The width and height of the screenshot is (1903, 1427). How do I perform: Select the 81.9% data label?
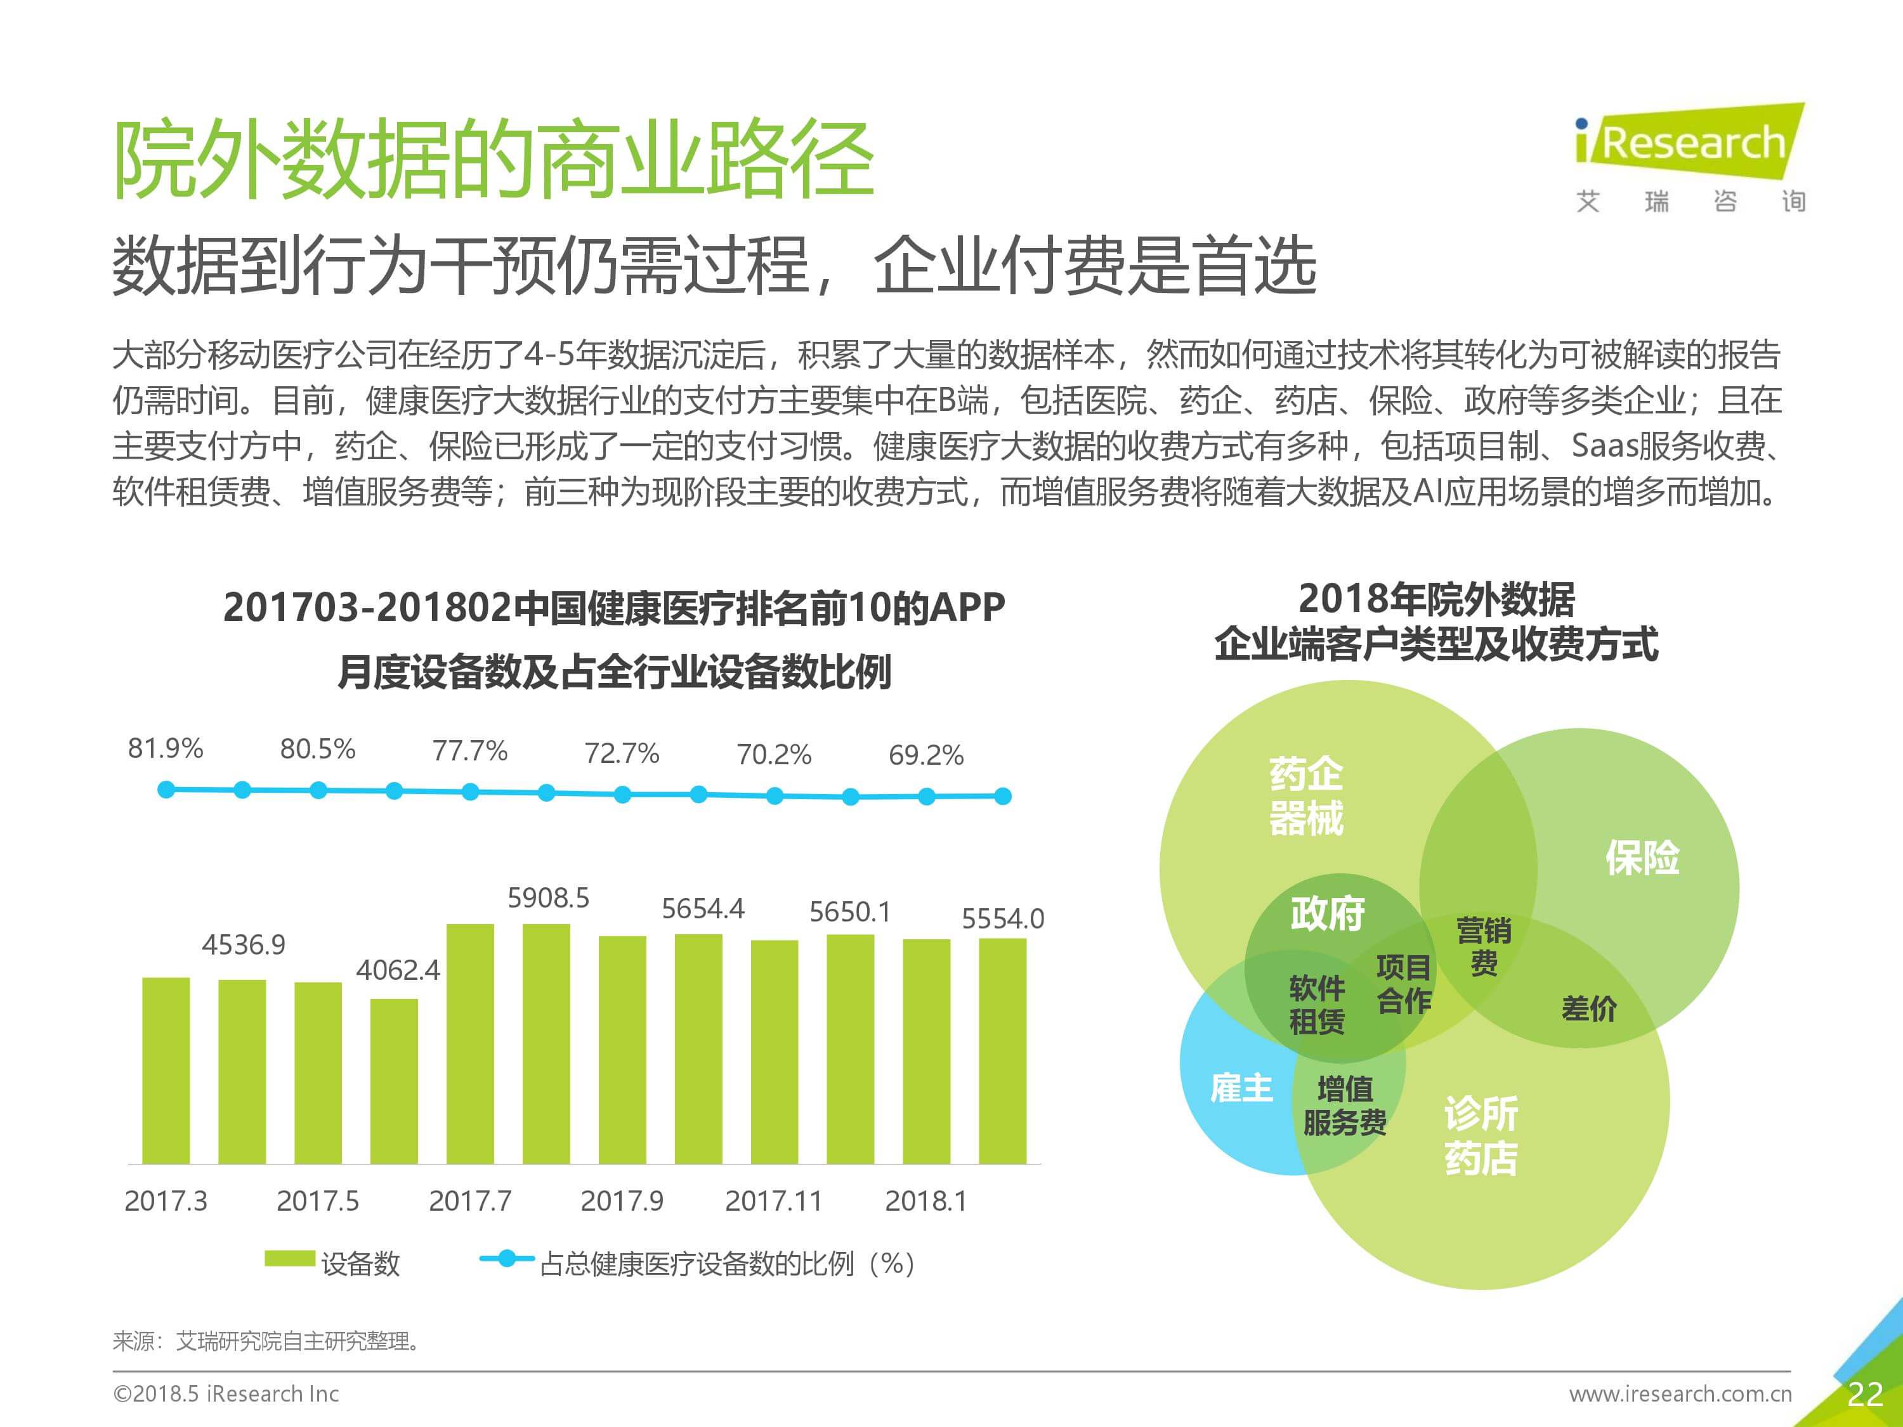pyautogui.click(x=165, y=748)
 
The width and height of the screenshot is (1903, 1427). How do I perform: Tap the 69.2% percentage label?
pyautogui.click(x=925, y=755)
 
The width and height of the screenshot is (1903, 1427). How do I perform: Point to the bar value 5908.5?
pyautogui.click(x=548, y=898)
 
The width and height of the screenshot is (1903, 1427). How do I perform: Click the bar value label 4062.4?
pyautogui.click(x=398, y=970)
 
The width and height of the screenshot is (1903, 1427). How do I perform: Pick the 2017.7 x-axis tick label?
pyautogui.click(x=470, y=1201)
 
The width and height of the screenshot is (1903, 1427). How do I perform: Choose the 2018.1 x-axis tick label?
pyautogui.click(x=925, y=1201)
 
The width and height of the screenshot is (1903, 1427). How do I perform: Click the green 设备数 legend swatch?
pyautogui.click(x=289, y=1258)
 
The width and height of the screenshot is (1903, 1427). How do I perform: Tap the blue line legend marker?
pyautogui.click(x=507, y=1258)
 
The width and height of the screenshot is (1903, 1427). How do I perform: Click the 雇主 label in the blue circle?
pyautogui.click(x=1241, y=1088)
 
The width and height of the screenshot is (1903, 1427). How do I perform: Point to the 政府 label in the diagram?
pyautogui.click(x=1328, y=913)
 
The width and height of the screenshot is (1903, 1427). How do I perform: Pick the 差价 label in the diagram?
pyautogui.click(x=1588, y=1008)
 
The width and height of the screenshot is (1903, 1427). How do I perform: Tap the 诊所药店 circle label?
pyautogui.click(x=1481, y=1135)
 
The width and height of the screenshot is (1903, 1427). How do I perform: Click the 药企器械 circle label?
pyautogui.click(x=1306, y=796)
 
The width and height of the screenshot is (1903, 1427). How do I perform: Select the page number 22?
pyautogui.click(x=1864, y=1394)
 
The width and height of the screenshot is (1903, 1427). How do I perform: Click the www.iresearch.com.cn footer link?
pyautogui.click(x=1680, y=1393)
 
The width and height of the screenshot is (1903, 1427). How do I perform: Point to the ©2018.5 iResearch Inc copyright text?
pyautogui.click(x=226, y=1393)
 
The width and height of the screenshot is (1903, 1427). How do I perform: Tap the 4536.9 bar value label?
pyautogui.click(x=244, y=944)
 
